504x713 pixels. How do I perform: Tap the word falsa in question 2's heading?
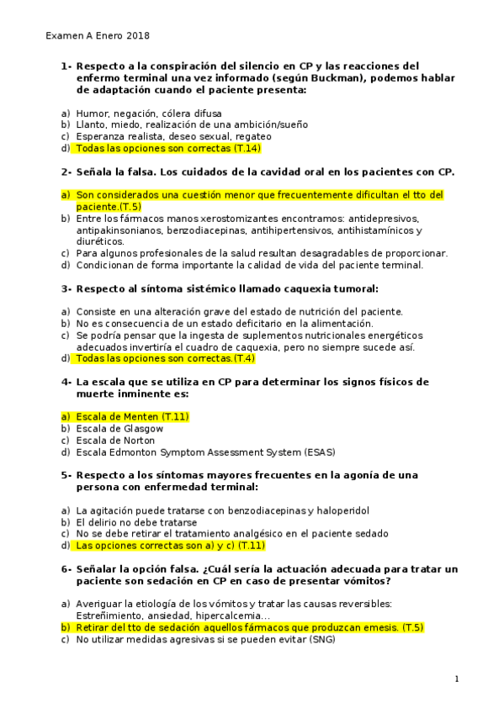tap(137, 172)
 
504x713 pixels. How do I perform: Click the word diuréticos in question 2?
tap(99, 241)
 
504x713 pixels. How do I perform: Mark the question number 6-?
tap(66, 569)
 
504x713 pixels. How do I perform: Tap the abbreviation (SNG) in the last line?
tap(318, 638)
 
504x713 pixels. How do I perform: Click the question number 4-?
tap(66, 381)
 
